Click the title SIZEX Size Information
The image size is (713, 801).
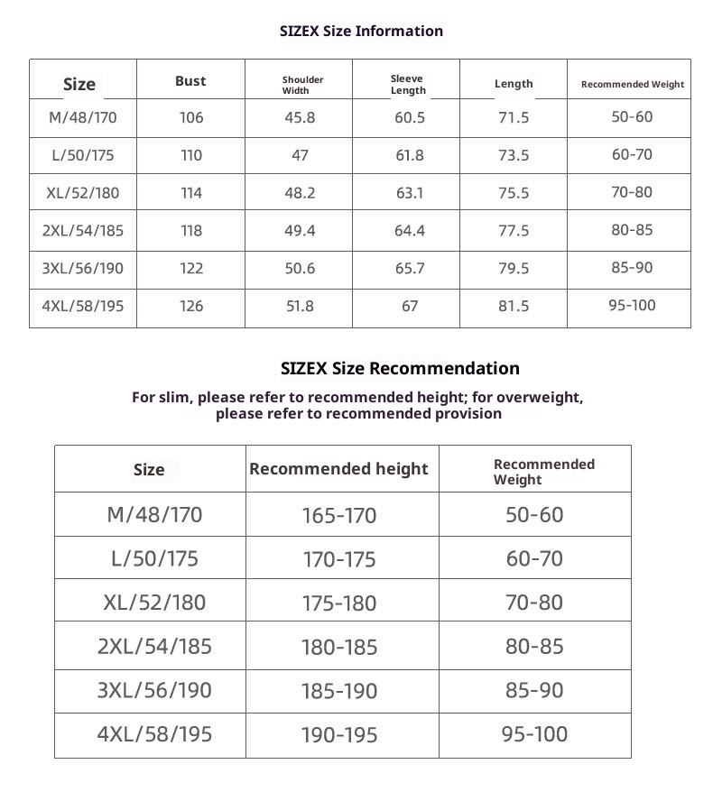[362, 31]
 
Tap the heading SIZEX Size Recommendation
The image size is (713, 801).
[400, 368]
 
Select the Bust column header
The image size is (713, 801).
[190, 81]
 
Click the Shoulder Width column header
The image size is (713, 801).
[302, 85]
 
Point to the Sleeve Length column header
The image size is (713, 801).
[408, 85]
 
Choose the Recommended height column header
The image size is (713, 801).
[338, 469]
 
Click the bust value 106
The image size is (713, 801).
[191, 117]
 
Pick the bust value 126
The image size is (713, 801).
[191, 306]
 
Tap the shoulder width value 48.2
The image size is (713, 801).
[300, 193]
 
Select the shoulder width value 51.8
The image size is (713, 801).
[300, 306]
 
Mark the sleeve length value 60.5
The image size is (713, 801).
[409, 117]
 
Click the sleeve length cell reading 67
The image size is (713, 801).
[410, 306]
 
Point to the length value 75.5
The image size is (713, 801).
[514, 193]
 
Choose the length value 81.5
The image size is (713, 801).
[514, 306]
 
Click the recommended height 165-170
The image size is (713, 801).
[339, 516]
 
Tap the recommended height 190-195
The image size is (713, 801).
[339, 735]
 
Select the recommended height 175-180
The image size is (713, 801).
[339, 603]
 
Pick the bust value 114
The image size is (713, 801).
[191, 193]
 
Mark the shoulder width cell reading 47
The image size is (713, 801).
[300, 155]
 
